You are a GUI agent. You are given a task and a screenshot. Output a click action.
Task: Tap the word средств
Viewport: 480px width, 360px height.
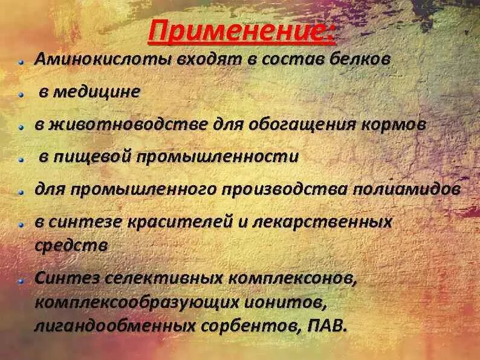click(71, 246)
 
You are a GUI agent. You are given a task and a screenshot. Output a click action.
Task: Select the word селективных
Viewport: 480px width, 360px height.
click(163, 279)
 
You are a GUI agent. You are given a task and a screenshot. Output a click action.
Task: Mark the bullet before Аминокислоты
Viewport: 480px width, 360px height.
click(21, 61)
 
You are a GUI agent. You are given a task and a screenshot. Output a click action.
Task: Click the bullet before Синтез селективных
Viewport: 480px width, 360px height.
click(21, 280)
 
